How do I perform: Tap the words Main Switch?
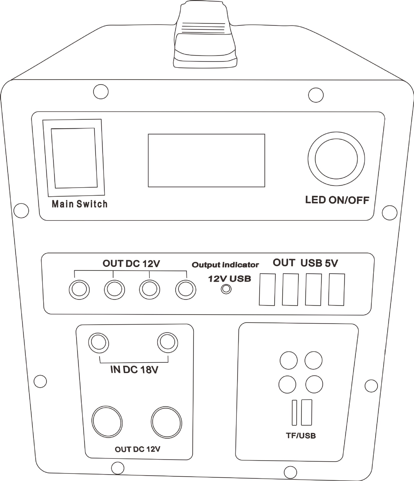point(80,204)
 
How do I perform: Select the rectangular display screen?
point(206,160)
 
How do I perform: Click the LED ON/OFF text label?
point(337,200)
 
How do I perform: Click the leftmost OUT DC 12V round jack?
point(79,290)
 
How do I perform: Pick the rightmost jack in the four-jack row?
point(186,290)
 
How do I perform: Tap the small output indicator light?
point(226,289)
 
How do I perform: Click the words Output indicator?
point(225,265)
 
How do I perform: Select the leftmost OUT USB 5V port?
point(267,289)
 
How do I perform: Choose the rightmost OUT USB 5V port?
point(336,290)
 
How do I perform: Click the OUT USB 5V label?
point(305,263)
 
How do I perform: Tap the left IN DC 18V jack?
point(99,342)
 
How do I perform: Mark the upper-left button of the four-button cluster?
point(289,360)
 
